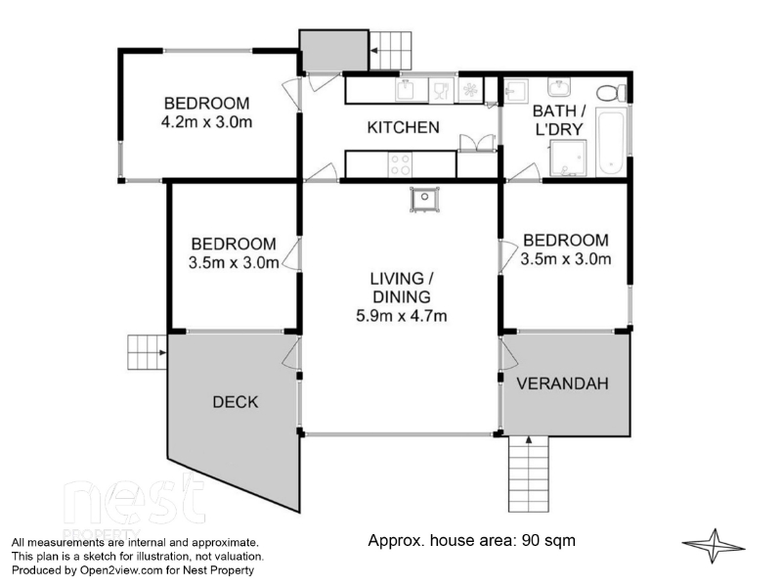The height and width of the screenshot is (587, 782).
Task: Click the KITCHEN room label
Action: point(403,127)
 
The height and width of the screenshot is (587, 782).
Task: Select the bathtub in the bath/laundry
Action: point(612,142)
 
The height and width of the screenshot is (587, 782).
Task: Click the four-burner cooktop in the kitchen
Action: point(401,164)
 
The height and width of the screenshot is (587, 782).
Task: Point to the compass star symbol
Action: point(714,546)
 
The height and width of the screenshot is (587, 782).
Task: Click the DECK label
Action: point(236,402)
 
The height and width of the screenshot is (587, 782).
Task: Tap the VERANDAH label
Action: point(562,384)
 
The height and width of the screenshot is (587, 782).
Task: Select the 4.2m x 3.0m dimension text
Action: point(206,121)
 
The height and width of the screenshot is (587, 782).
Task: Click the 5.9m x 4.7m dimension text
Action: point(402,315)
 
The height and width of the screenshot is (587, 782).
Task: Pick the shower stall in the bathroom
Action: point(568,158)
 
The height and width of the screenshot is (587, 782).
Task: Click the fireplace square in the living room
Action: point(424,200)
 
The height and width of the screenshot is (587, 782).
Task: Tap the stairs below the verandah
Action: point(529,474)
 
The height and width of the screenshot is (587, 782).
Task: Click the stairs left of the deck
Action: point(148,352)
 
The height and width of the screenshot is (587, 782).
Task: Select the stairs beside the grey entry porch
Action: point(390,51)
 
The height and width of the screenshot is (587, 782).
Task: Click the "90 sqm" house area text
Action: point(548,540)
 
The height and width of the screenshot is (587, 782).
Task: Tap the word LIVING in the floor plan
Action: point(396,278)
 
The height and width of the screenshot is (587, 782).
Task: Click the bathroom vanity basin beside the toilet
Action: point(559,87)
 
